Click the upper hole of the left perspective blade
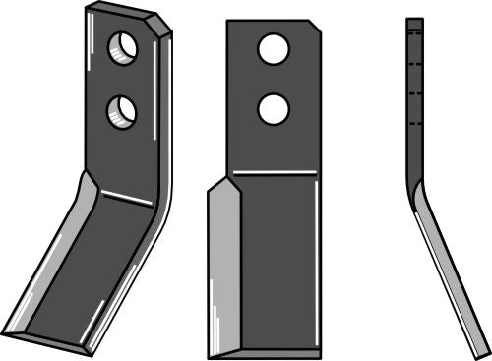click(124, 46)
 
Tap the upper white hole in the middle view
click(273, 48)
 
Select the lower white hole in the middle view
click(273, 109)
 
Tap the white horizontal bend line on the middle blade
click(275, 172)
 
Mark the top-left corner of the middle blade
click(228, 22)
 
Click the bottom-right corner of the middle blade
click(320, 357)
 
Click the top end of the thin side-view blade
click(414, 22)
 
